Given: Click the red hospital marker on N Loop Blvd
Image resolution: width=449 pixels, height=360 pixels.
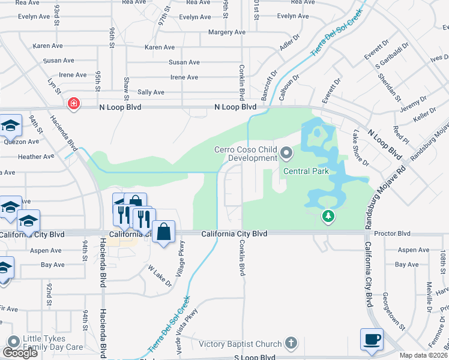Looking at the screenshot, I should pyautogui.click(x=73, y=104).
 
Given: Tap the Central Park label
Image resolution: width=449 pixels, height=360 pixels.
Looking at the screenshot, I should pyautogui.click(x=306, y=171).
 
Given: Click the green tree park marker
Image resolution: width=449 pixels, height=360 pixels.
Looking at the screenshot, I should pyautogui.click(x=328, y=215).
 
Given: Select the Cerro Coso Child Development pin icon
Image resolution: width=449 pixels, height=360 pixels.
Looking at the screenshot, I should pyautogui.click(x=286, y=154).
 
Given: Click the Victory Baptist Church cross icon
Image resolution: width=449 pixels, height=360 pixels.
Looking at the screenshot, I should pyautogui.click(x=291, y=344).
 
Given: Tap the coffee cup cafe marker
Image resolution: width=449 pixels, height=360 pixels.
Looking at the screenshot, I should pyautogui.click(x=372, y=338).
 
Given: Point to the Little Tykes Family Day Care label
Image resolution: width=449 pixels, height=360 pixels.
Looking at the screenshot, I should pyautogui.click(x=53, y=343).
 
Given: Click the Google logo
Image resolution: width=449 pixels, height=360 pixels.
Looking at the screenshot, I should pyautogui.click(x=20, y=353).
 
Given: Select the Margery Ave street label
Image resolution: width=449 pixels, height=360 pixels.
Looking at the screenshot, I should pyautogui.click(x=227, y=32).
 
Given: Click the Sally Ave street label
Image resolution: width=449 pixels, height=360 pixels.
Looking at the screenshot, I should pyautogui.click(x=151, y=92).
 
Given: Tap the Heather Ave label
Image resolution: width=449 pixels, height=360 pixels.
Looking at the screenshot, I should pyautogui.click(x=36, y=157).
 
